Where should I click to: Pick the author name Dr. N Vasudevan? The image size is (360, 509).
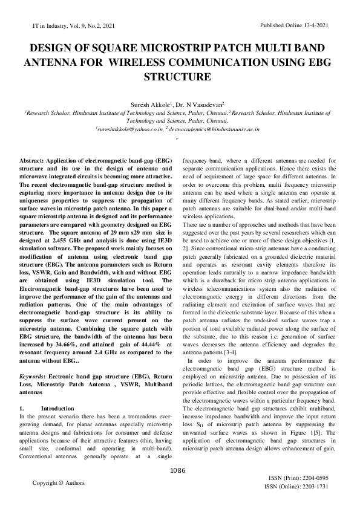[203, 104]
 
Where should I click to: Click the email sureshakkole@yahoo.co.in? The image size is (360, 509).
[129, 129]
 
